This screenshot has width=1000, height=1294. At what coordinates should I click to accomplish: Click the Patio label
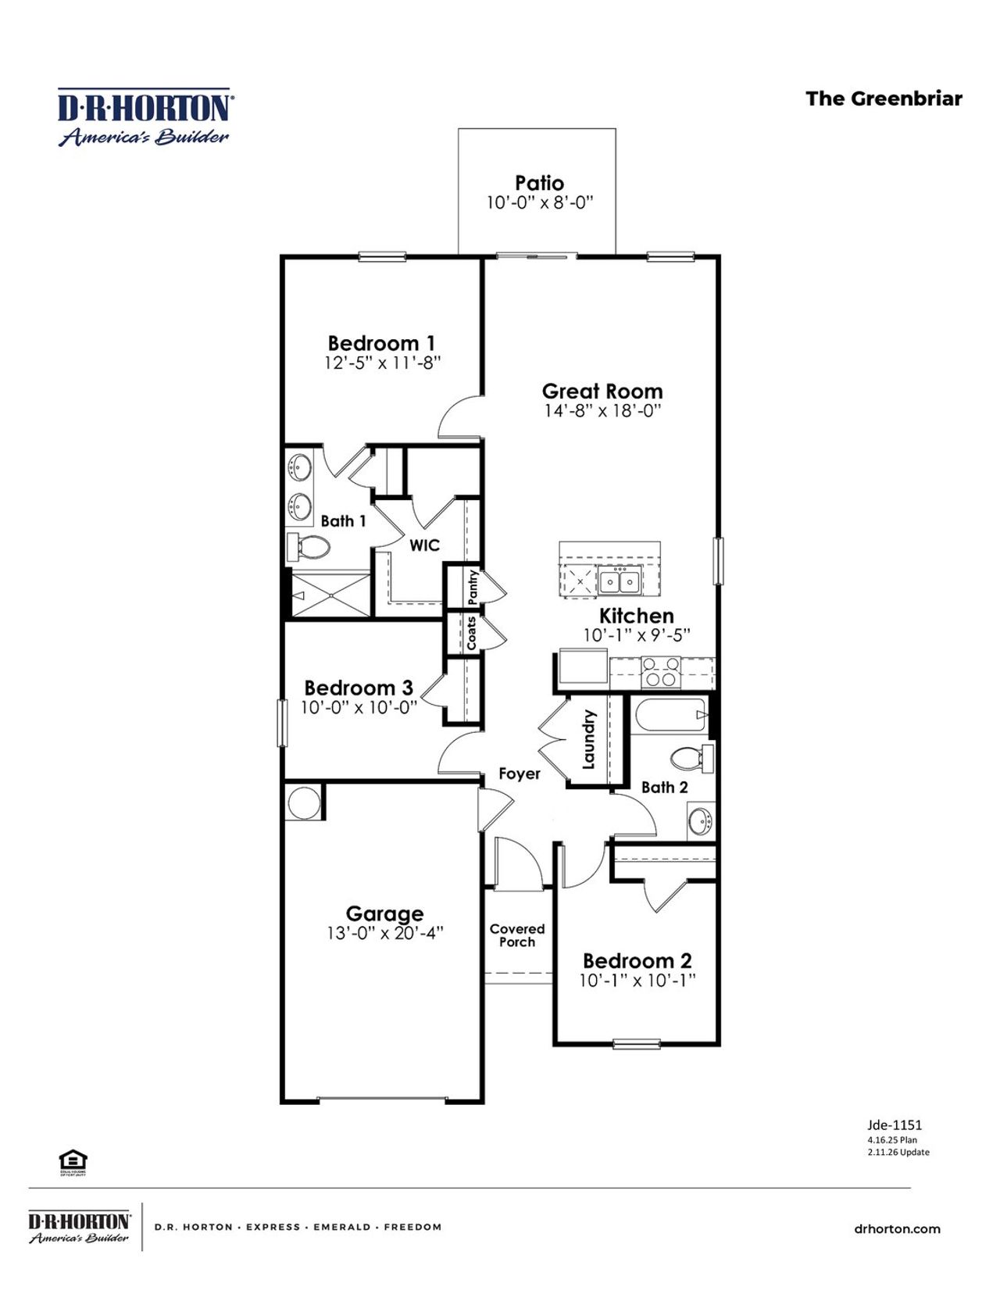(x=539, y=183)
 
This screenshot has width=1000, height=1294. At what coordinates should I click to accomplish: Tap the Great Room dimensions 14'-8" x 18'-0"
(x=602, y=411)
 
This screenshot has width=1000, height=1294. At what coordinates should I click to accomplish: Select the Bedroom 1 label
(x=381, y=343)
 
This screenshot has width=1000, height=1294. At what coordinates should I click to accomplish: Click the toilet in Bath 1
(x=309, y=548)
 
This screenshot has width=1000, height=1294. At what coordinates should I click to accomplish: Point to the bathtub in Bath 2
(x=670, y=715)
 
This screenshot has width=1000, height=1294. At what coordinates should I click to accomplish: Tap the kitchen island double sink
(x=619, y=582)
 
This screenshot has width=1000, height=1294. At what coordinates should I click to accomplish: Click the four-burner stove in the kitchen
(x=661, y=672)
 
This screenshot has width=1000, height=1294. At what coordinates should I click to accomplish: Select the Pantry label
(x=473, y=587)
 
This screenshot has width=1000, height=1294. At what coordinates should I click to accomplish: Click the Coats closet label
(x=471, y=633)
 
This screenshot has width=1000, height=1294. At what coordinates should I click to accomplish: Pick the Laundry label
(x=589, y=739)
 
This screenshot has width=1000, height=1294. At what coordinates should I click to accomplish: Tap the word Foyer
(x=520, y=774)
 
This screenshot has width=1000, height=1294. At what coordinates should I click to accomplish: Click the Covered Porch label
(x=516, y=935)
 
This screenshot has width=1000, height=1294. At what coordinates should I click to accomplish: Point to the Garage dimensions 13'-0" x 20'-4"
(x=384, y=933)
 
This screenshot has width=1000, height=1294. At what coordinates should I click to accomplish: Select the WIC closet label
(x=424, y=545)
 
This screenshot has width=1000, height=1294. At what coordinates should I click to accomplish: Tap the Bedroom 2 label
(x=637, y=960)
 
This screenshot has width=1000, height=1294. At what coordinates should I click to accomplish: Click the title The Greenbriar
(x=884, y=98)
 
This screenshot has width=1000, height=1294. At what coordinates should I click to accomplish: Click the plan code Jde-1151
(x=894, y=1125)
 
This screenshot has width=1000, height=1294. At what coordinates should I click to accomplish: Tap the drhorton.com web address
(x=897, y=1229)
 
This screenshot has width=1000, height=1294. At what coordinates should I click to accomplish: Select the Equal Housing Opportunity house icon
(x=73, y=1161)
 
